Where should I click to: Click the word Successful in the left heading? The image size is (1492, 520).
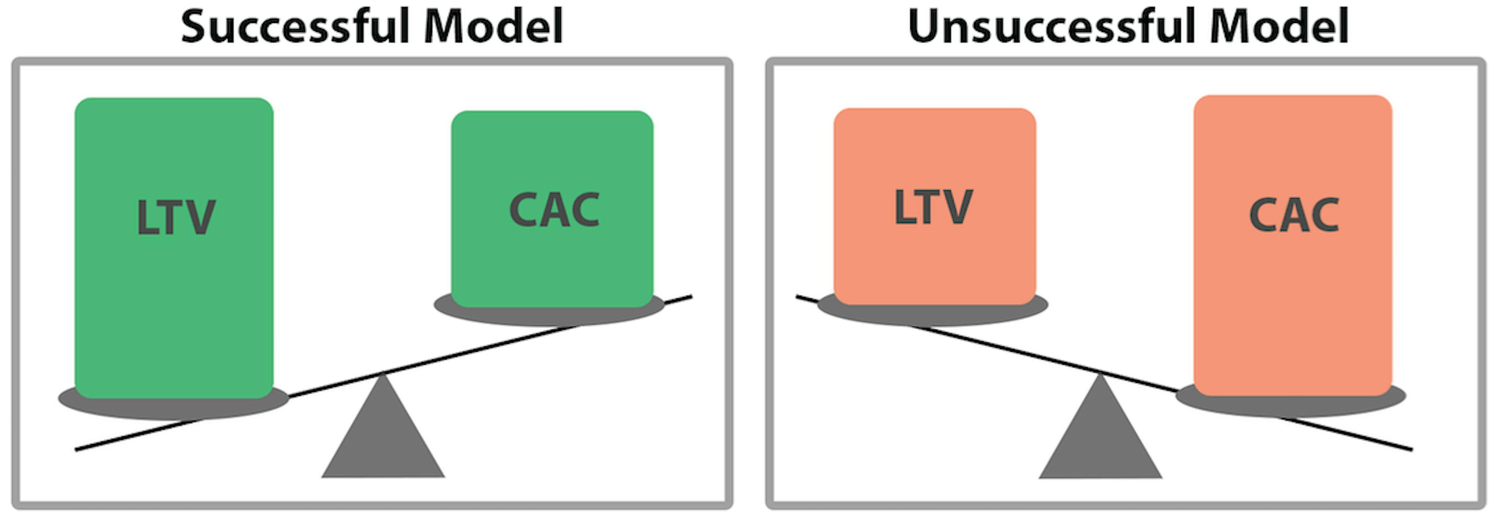[295, 27]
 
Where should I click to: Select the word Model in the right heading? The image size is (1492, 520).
[1279, 27]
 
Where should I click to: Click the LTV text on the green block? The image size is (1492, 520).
[176, 217]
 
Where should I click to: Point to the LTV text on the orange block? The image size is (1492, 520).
[933, 207]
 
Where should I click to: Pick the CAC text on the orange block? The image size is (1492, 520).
[1294, 215]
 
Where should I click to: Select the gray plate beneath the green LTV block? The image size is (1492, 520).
[174, 408]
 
